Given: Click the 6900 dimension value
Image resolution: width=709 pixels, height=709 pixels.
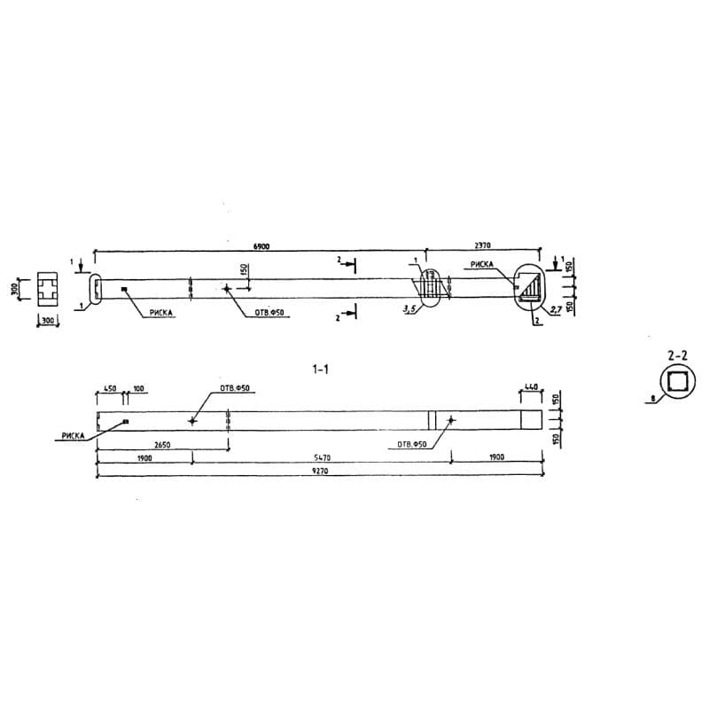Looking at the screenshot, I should (261, 246).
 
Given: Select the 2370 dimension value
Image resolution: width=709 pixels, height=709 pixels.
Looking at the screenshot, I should (482, 246).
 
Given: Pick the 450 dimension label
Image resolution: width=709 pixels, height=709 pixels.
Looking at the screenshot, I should (110, 388).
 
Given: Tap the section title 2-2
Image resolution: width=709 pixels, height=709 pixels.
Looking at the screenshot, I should (677, 354).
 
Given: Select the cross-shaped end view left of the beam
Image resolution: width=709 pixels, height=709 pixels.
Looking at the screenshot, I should (48, 288).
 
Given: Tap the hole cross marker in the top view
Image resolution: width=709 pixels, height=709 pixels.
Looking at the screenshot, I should (227, 288).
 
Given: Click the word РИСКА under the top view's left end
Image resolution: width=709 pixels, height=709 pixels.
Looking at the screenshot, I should (161, 312).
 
